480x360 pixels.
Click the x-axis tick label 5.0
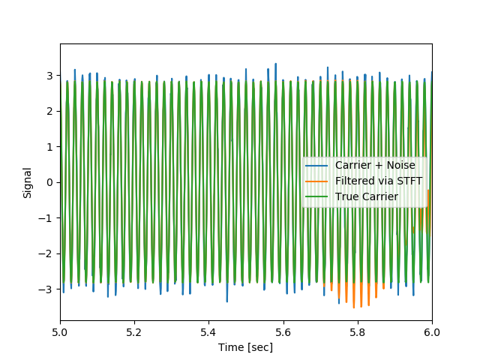tap(60, 331)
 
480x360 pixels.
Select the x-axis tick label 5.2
tap(134, 331)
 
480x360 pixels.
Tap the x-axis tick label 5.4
tap(208, 331)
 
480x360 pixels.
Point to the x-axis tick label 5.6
tap(283, 331)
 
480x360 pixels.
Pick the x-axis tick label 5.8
tap(357, 331)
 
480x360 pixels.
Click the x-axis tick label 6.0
tap(431, 331)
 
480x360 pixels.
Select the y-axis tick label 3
tap(50, 76)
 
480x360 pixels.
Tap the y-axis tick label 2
tap(50, 111)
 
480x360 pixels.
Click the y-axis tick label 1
tap(50, 147)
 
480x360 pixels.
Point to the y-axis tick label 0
tap(50, 182)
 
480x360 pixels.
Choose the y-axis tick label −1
tap(47, 218)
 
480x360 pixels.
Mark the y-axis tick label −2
tap(47, 253)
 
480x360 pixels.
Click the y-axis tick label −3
tap(47, 289)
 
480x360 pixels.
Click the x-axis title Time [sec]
tap(245, 347)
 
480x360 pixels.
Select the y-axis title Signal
tap(28, 182)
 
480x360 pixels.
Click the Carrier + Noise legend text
tap(375, 165)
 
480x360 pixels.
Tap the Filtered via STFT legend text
tap(379, 181)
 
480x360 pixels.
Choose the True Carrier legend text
tap(367, 196)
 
